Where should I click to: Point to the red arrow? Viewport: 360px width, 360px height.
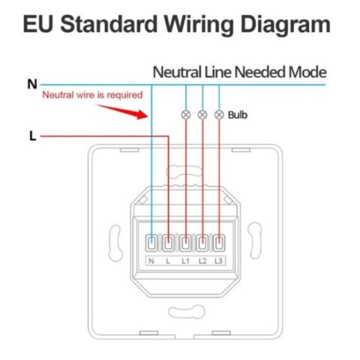pyautogui.click(x=122, y=112)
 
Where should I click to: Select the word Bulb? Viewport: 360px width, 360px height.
pyautogui.click(x=238, y=115)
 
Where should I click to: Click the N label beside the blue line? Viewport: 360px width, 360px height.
pyautogui.click(x=32, y=84)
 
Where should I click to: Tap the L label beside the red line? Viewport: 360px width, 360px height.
pyautogui.click(x=33, y=136)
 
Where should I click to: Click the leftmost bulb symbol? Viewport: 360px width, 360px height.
pyautogui.click(x=185, y=115)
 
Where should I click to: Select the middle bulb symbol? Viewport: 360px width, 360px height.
pyautogui.click(x=202, y=115)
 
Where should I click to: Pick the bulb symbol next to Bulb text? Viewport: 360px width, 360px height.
pyautogui.click(x=219, y=115)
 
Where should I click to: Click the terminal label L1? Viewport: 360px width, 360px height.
pyautogui.click(x=185, y=261)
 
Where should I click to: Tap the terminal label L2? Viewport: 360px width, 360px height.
pyautogui.click(x=202, y=261)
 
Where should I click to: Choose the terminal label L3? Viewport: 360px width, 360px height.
pyautogui.click(x=218, y=261)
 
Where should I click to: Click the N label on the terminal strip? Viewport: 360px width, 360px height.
pyautogui.click(x=151, y=261)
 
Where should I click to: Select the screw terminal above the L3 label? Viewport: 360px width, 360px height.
pyautogui.click(x=219, y=243)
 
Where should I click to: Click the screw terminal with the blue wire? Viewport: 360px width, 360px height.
pyautogui.click(x=151, y=243)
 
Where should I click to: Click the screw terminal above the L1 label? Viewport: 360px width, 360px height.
pyautogui.click(x=185, y=243)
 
